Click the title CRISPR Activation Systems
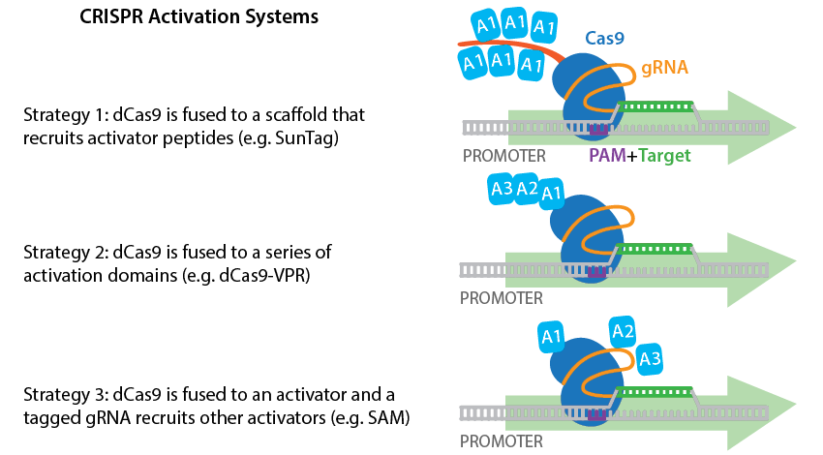click(x=198, y=18)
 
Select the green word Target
click(x=663, y=154)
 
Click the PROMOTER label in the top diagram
click(x=503, y=155)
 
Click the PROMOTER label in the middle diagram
click(x=501, y=298)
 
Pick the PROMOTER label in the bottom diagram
click(x=501, y=440)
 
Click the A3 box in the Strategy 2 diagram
click(x=502, y=190)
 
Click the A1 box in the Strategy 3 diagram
click(x=552, y=338)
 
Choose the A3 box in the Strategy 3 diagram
click(x=651, y=360)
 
